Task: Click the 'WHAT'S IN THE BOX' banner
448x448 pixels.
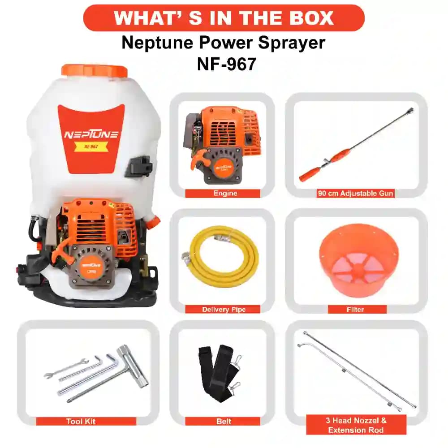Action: tap(224, 18)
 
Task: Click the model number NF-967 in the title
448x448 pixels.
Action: tap(226, 64)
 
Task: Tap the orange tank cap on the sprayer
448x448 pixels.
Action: tap(95, 71)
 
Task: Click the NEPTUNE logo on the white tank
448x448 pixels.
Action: tap(91, 134)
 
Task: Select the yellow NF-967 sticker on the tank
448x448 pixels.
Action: tap(91, 146)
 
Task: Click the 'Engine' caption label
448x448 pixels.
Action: tap(222, 194)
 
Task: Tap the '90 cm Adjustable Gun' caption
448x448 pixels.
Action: tap(356, 194)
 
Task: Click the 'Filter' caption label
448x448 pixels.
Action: tap(357, 310)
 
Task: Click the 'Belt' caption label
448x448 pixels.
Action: tap(223, 422)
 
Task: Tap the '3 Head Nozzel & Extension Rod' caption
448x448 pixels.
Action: tap(356, 425)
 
